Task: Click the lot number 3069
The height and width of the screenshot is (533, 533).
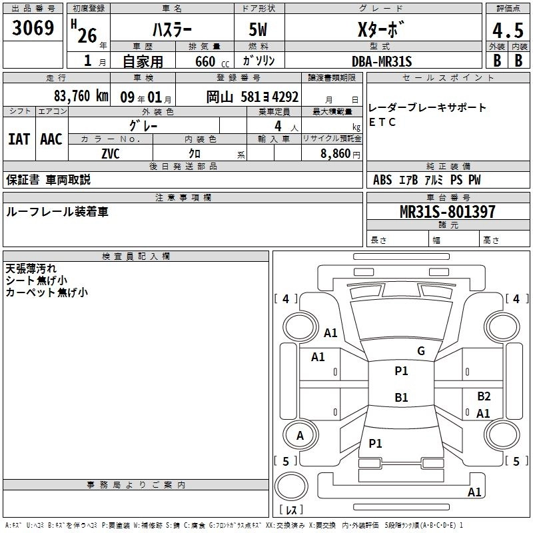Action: tap(33, 29)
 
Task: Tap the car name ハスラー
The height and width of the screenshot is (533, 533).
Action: tap(171, 30)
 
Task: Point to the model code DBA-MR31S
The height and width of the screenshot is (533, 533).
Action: tap(382, 61)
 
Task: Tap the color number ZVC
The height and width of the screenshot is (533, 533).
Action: tap(111, 153)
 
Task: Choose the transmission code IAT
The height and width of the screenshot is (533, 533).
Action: tap(19, 139)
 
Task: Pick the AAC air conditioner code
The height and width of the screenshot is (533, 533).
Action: tap(51, 139)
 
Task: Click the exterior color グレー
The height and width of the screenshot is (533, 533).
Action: tap(158, 125)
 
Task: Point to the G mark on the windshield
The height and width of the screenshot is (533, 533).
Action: tap(420, 351)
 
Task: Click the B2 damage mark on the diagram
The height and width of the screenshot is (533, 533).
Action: tap(484, 396)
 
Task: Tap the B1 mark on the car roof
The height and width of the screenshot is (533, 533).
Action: tap(401, 398)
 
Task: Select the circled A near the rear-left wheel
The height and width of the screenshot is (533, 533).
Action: tap(300, 436)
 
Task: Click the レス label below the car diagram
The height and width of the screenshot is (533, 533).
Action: tap(290, 510)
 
